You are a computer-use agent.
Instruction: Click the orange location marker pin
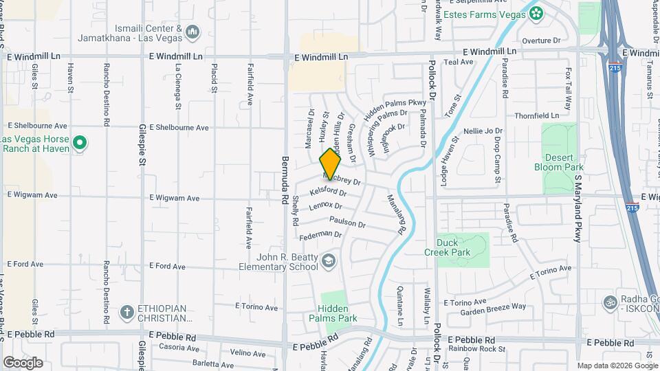coord(331,164)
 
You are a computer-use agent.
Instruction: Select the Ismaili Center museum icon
coord(192,32)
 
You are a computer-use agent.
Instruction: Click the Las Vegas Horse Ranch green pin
coord(80,144)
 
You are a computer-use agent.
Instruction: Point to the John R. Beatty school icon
coord(329,260)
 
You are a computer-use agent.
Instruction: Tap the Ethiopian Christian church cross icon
coord(126,313)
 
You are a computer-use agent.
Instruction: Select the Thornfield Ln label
coord(537,115)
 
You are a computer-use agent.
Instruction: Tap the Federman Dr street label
coord(320,235)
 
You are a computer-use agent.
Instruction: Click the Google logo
coord(23,362)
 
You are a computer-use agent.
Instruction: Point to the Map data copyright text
coord(616,366)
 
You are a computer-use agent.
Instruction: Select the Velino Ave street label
coord(247,353)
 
